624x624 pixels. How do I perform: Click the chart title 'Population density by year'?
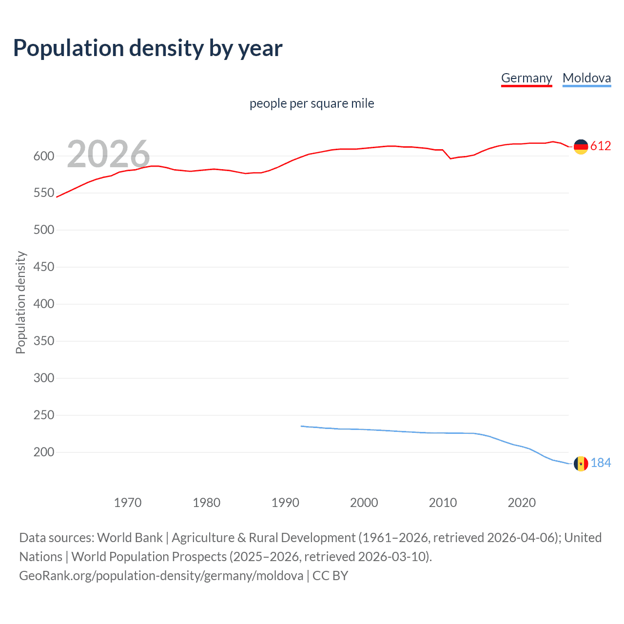pyautogui.click(x=148, y=48)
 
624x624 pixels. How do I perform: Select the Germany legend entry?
pyautogui.click(x=526, y=78)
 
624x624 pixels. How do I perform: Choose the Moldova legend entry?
pyautogui.click(x=586, y=78)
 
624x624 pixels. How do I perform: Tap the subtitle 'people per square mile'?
pyautogui.click(x=312, y=103)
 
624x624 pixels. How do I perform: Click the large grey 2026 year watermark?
pyautogui.click(x=108, y=154)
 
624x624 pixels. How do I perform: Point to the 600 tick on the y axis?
pyautogui.click(x=43, y=156)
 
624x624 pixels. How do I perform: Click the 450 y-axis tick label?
pyautogui.click(x=43, y=267)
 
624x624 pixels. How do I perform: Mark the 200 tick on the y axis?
pyautogui.click(x=43, y=452)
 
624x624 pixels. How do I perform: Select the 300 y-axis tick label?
pyautogui.click(x=43, y=378)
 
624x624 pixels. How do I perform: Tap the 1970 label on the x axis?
pyautogui.click(x=128, y=503)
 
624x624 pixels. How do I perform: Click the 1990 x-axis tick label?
pyautogui.click(x=285, y=503)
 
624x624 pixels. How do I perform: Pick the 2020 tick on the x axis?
pyautogui.click(x=522, y=503)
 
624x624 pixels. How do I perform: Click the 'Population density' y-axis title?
pyautogui.click(x=20, y=302)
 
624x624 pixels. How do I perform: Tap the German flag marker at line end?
pyautogui.click(x=581, y=147)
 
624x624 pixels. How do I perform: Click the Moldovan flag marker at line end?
pyautogui.click(x=581, y=464)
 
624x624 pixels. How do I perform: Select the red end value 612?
pyautogui.click(x=601, y=146)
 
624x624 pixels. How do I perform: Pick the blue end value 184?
pyautogui.click(x=601, y=463)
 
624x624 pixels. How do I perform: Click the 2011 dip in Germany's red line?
pyautogui.click(x=450, y=158)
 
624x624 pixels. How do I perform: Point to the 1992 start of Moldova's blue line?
pyautogui.click(x=301, y=426)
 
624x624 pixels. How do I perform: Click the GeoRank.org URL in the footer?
pyautogui.click(x=161, y=576)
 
